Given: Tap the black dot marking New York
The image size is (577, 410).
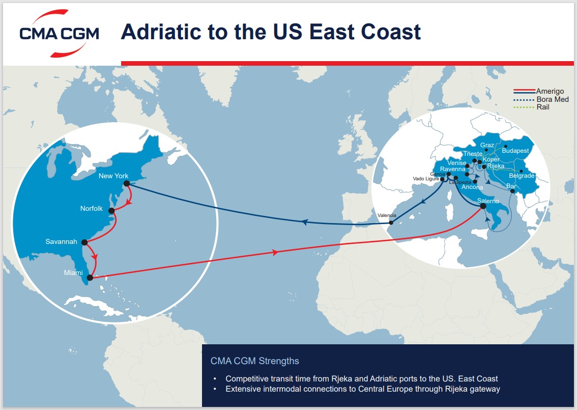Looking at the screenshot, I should coord(126,183).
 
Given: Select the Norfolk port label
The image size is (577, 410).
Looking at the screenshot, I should coord(91,209).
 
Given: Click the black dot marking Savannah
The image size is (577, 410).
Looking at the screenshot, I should coord(84,242).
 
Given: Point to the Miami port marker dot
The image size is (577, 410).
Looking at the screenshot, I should coord(90,278).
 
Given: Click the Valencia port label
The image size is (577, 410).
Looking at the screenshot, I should coord(386,215).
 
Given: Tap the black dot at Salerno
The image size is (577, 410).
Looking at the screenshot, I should coord(483,206).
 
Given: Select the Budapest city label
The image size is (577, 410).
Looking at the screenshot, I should coord(515,151).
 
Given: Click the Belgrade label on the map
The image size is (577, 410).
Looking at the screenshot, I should coord(522,176).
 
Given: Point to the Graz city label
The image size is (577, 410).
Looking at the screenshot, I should coord(487,145).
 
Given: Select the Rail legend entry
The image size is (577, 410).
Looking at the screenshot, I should coord(543,107).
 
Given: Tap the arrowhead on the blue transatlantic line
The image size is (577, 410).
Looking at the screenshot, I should coord(305,222).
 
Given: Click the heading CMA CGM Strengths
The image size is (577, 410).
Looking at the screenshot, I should coord(254,361).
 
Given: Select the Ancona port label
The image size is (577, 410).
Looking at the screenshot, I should coord(472,187).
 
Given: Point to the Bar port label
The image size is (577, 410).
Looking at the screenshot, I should coord(511,186).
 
